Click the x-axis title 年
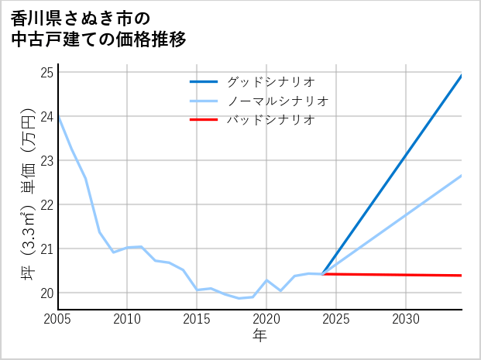pyautogui.click(x=260, y=336)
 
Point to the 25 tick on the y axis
pyautogui.click(x=46, y=73)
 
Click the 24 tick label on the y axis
pyautogui.click(x=46, y=117)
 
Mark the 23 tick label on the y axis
pyautogui.click(x=46, y=161)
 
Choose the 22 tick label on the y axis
pyautogui.click(x=46, y=205)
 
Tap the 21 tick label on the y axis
pyautogui.click(x=46, y=249)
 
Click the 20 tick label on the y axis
pyautogui.click(x=46, y=293)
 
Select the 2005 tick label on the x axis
pyautogui.click(x=58, y=319)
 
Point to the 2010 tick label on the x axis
pyautogui.click(x=128, y=319)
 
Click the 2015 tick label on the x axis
pyautogui.click(x=198, y=319)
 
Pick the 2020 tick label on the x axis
pyautogui.click(x=266, y=319)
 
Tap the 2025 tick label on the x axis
pyautogui.click(x=336, y=319)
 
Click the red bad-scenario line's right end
pyautogui.click(x=461, y=276)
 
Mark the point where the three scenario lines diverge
pyautogui.click(x=323, y=274)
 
